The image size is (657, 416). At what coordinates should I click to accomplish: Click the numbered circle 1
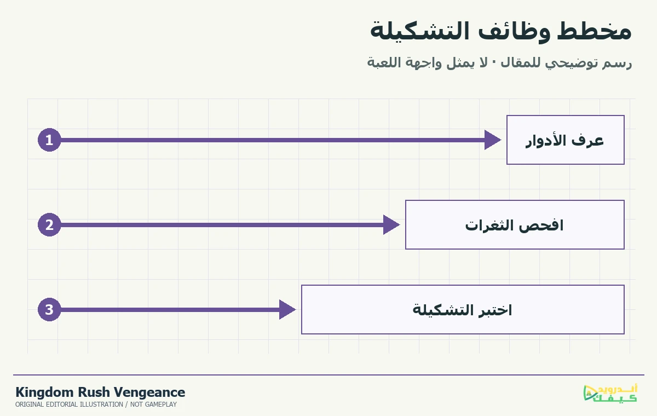(49, 140)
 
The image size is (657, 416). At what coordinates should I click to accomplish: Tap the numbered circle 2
(49, 225)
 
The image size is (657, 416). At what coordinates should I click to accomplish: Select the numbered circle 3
(49, 310)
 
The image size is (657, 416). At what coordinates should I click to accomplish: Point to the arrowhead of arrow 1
(493, 140)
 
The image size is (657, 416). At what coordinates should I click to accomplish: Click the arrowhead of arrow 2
(391, 225)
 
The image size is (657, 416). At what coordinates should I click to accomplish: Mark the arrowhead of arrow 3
(287, 310)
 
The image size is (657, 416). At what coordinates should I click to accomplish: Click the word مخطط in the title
(594, 31)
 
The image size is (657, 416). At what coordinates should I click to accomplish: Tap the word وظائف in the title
(514, 31)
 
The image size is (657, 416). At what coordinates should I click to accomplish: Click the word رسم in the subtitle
(617, 63)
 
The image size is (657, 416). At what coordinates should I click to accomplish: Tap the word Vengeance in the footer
(149, 392)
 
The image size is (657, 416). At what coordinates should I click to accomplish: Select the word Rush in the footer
(94, 392)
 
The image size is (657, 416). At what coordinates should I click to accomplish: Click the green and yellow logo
(610, 393)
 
